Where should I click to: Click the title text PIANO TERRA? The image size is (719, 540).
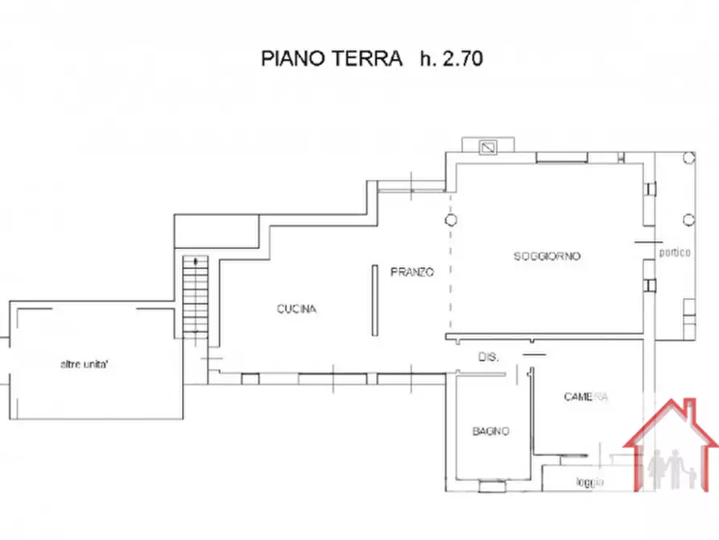331,58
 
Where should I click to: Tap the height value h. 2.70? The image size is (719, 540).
451,58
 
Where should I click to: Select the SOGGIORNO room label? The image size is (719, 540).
548,256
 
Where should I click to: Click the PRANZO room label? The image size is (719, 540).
412,272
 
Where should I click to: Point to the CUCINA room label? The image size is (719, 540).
296,309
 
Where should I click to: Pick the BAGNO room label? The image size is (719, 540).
490,431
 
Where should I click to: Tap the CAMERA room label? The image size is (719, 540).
585,397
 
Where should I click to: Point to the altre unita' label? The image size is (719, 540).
90,364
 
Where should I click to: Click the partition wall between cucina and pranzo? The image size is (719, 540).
374,301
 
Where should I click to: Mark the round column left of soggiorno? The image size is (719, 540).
451,219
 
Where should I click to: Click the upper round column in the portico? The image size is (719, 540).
688,158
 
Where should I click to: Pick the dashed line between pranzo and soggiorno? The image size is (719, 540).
450,274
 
